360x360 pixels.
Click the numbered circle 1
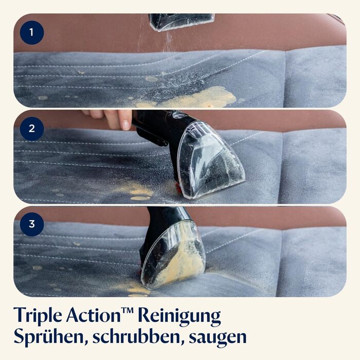coord(32,32)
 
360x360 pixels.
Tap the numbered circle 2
coord(32,129)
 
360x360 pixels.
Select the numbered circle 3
coord(32,224)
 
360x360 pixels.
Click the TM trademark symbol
coord(128,310)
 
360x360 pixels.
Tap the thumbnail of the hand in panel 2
coord(126,125)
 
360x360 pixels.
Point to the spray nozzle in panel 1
coord(182,22)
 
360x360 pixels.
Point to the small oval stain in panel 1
coord(152,79)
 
